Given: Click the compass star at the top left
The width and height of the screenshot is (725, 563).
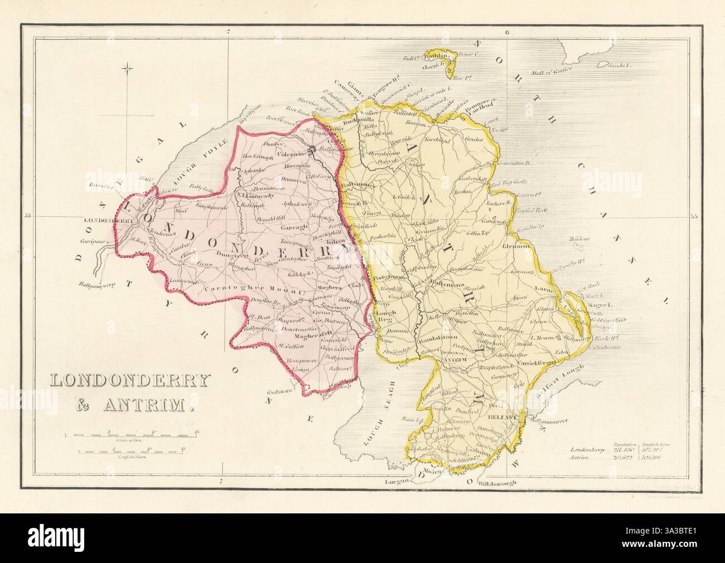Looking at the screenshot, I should [129, 69].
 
